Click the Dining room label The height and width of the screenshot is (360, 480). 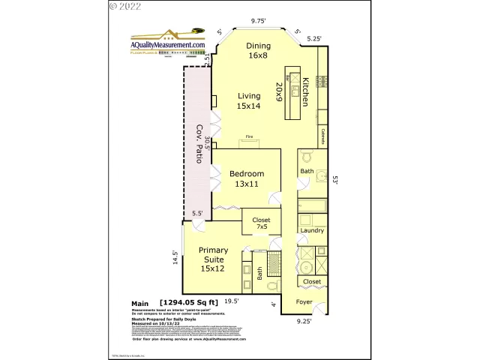[258, 51]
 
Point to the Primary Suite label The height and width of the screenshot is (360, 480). [212, 259]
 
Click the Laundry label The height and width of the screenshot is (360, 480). [311, 230]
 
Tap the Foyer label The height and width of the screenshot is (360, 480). [304, 303]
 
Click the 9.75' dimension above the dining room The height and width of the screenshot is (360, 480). [259, 21]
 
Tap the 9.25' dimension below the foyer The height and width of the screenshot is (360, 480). [304, 321]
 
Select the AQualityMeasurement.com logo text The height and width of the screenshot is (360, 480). [168, 45]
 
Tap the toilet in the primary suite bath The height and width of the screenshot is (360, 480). [272, 286]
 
